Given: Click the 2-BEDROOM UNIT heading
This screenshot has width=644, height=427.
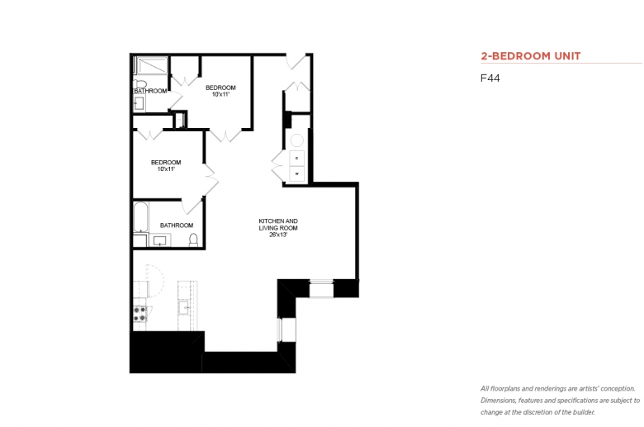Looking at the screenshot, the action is click(x=531, y=56).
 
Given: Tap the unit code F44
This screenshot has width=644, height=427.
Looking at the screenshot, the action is click(x=490, y=78).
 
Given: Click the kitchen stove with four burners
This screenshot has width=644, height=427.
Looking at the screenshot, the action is click(x=140, y=314).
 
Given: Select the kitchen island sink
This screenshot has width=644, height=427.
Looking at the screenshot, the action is click(x=183, y=307).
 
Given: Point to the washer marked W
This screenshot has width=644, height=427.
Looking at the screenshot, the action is click(x=297, y=173).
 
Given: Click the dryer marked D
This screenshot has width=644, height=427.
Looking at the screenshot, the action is click(x=297, y=159).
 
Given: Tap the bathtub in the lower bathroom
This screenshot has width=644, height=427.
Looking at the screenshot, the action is click(x=140, y=217).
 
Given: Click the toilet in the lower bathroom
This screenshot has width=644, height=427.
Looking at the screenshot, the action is click(x=193, y=240).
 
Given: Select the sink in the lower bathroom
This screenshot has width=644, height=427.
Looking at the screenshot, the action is click(x=160, y=240).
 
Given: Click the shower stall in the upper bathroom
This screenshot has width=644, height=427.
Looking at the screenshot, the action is click(x=152, y=65).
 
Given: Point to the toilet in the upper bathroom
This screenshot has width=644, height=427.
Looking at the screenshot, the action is click(x=140, y=84).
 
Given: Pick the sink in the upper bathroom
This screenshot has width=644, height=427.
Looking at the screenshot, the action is click(x=139, y=103).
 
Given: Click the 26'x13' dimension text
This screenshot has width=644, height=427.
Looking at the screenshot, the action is click(x=278, y=235).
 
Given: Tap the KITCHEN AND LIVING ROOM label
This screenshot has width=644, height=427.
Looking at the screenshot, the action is click(x=278, y=225).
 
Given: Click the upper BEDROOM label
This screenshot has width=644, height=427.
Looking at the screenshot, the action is click(x=220, y=88).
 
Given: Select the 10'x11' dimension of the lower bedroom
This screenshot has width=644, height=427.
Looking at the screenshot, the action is click(x=166, y=169).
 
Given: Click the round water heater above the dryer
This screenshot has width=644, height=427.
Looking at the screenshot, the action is click(x=297, y=141).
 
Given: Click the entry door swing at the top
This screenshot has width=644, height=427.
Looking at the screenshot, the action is click(x=296, y=62).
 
